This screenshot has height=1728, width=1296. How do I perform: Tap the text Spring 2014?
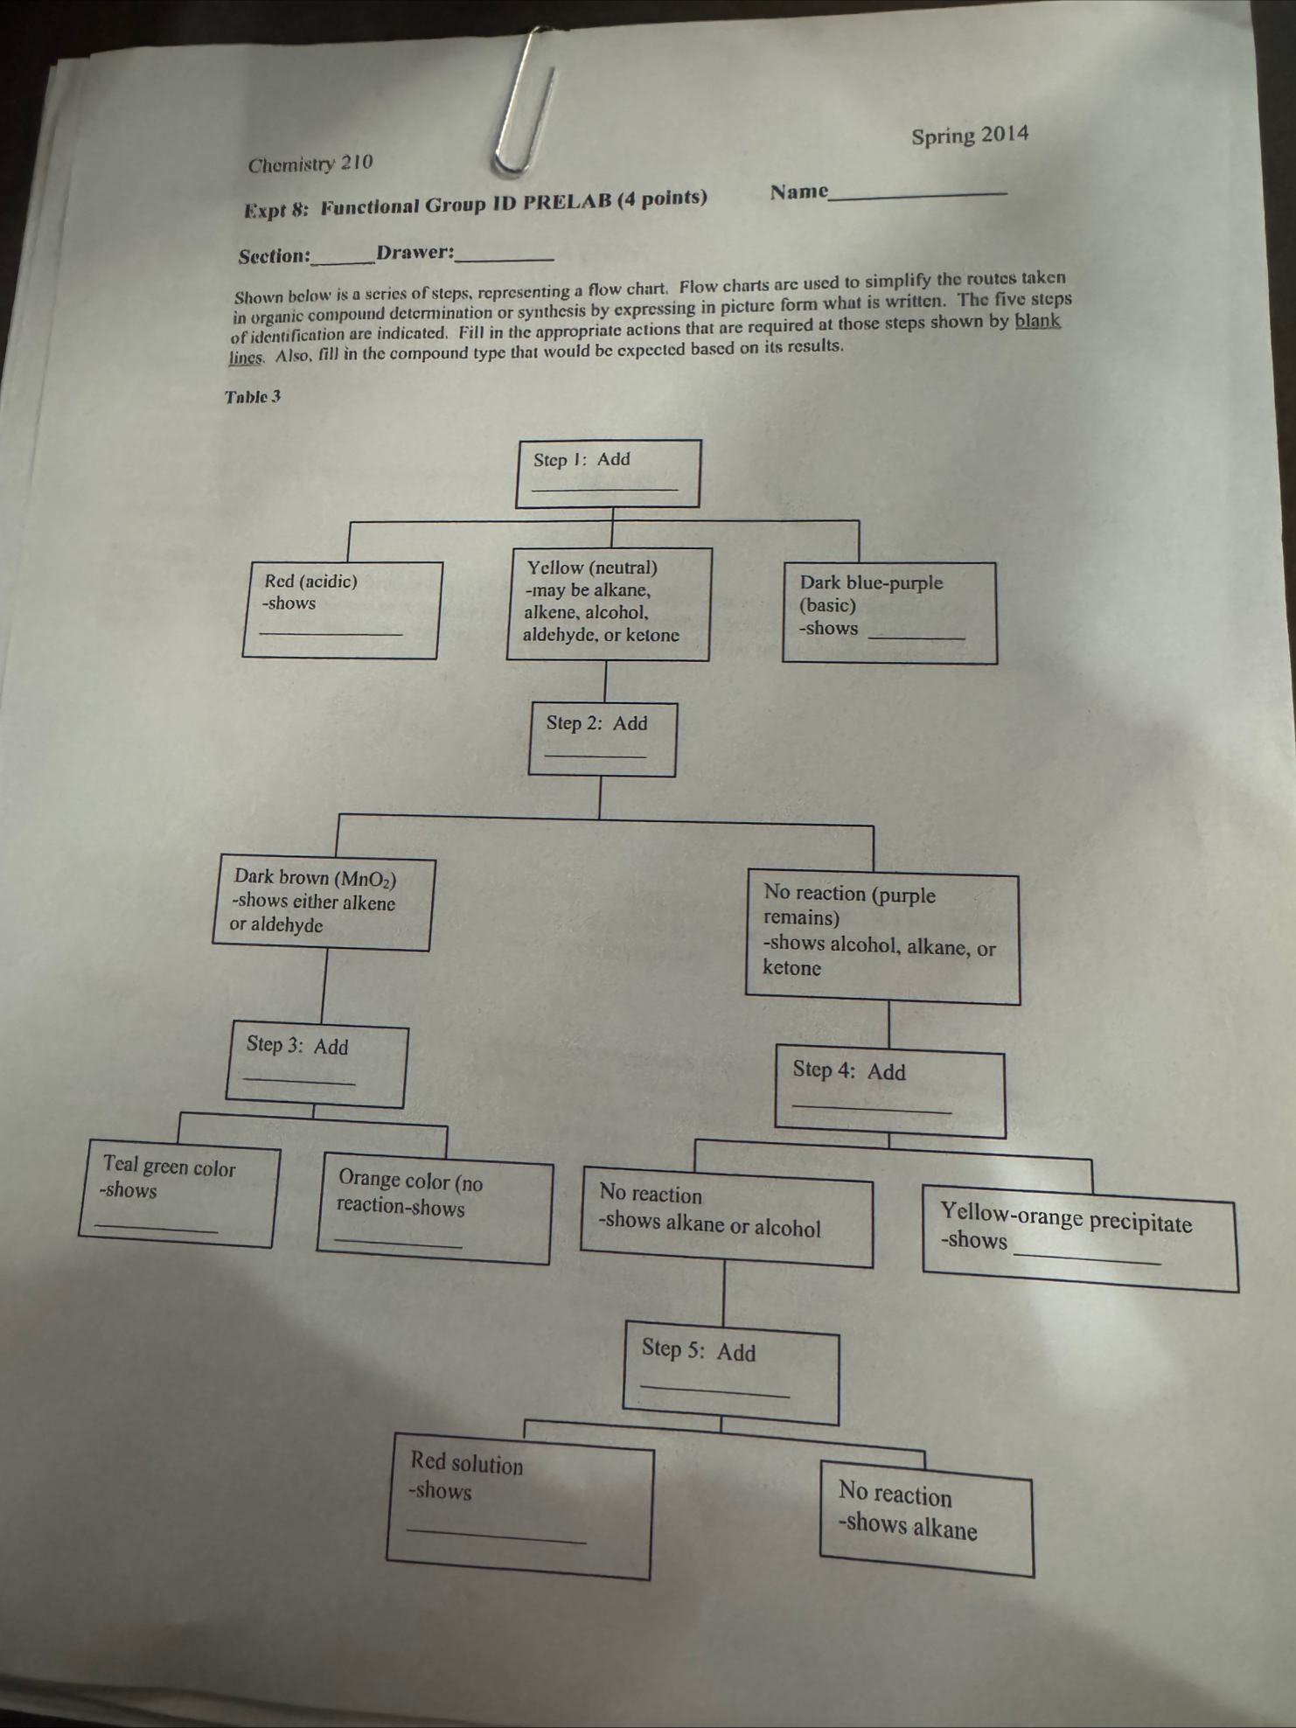click(x=969, y=136)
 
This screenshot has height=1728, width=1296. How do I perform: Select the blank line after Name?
click(x=918, y=193)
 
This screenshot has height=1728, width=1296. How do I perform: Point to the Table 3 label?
click(x=253, y=397)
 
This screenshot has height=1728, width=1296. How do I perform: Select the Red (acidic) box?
click(x=341, y=609)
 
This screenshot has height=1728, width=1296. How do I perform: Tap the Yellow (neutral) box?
click(x=609, y=603)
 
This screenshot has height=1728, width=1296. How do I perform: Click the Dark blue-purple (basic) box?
click(x=888, y=612)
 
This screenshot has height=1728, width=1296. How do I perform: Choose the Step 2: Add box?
click(x=602, y=739)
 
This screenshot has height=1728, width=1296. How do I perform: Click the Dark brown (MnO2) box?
click(x=322, y=902)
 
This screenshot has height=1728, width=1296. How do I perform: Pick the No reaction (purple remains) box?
click(x=881, y=938)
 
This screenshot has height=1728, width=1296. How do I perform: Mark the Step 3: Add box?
click(x=317, y=1066)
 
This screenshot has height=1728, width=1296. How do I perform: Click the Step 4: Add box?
click(x=890, y=1094)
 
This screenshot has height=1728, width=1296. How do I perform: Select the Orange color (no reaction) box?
click(x=435, y=1210)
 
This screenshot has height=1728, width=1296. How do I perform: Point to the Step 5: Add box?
click(x=730, y=1376)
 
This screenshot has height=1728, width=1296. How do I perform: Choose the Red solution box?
click(x=519, y=1511)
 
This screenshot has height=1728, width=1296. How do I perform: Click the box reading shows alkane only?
click(x=926, y=1524)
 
